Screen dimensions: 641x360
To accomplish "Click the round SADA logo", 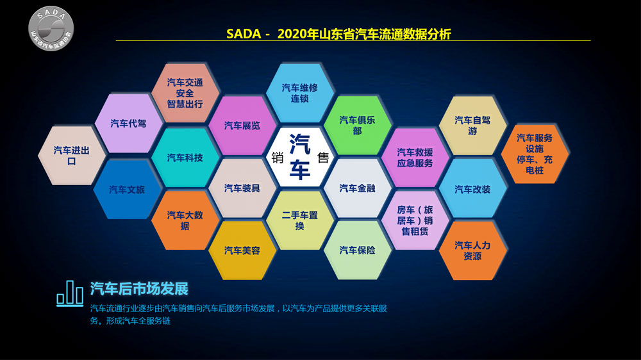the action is click(x=51, y=29).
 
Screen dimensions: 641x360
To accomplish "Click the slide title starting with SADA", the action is click(x=338, y=34).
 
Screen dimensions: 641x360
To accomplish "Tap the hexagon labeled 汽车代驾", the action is click(x=128, y=124).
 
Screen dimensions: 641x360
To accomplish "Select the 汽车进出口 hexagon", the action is click(x=72, y=155).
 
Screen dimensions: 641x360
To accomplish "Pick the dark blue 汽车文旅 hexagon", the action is click(x=127, y=190).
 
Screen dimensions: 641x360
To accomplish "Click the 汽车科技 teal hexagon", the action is click(x=185, y=158).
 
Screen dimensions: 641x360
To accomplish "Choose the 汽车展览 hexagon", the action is click(x=242, y=126).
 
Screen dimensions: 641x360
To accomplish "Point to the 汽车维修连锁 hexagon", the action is click(x=299, y=93).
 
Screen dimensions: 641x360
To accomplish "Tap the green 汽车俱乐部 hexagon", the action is click(x=357, y=126).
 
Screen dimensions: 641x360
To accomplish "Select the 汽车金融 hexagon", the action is click(x=357, y=188).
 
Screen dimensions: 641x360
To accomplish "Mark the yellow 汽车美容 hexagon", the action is click(x=242, y=250).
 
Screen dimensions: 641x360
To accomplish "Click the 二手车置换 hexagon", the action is click(x=299, y=220).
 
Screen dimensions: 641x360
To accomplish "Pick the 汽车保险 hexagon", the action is click(x=357, y=250).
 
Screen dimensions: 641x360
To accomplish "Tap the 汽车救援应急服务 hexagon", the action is click(x=415, y=158).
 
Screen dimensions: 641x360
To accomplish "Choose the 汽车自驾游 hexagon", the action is click(x=472, y=126).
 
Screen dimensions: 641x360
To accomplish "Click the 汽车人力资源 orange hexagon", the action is click(x=472, y=250).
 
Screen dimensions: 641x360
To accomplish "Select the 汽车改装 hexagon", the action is click(x=472, y=189).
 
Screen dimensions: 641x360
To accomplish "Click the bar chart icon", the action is click(x=70, y=293).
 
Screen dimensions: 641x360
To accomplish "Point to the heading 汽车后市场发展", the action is click(x=139, y=289).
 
